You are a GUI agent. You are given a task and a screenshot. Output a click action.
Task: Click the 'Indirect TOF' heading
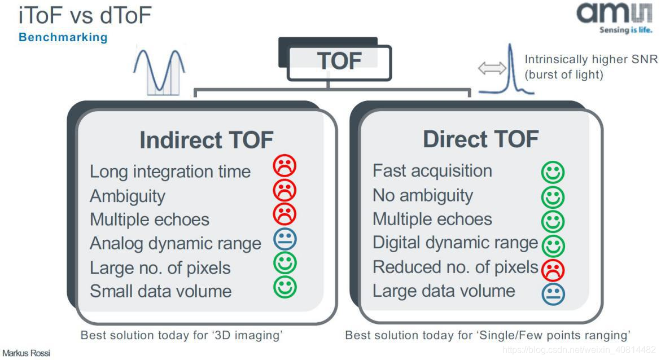[206, 140]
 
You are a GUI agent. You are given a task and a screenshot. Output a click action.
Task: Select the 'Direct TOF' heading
[480, 139]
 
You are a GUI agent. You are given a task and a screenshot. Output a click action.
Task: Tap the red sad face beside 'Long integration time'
[284, 166]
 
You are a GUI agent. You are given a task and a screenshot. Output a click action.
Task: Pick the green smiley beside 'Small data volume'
[285, 287]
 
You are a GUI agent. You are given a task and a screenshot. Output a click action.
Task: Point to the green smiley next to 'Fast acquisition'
[553, 172]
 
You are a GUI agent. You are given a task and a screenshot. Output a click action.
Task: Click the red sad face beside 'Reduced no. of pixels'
[553, 270]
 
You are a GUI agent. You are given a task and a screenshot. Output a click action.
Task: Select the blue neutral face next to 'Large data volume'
[553, 293]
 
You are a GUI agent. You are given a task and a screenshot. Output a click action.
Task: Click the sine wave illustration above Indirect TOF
[160, 71]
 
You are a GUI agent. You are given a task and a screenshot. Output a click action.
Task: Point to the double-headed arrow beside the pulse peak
[492, 69]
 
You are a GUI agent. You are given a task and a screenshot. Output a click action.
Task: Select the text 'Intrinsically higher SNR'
[591, 60]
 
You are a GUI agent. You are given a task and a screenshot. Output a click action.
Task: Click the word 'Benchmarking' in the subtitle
[63, 38]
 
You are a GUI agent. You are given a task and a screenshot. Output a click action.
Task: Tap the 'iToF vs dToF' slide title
[85, 16]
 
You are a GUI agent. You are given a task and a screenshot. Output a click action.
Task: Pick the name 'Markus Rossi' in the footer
[26, 353]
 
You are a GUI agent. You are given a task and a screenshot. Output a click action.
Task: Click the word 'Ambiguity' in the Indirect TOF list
[128, 196]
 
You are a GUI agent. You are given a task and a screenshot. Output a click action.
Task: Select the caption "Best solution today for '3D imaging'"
[181, 335]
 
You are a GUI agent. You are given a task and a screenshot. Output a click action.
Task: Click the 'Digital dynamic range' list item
[455, 243]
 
